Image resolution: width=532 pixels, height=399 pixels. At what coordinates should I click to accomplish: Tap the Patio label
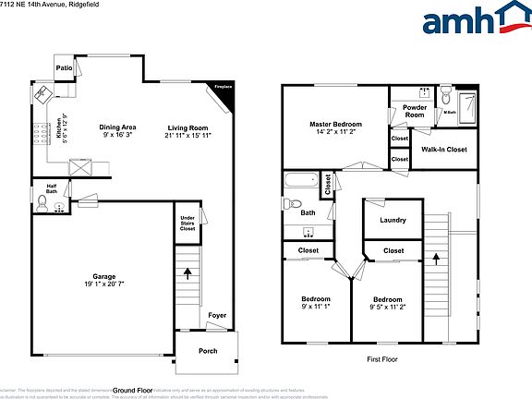coord(63,68)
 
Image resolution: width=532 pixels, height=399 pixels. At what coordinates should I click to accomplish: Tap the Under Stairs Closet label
coord(187,223)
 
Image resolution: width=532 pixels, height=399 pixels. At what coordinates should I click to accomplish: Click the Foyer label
coord(216,315)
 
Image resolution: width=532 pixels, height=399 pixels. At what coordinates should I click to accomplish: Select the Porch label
coord(209,350)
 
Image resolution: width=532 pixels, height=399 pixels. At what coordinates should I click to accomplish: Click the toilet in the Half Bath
coord(41,207)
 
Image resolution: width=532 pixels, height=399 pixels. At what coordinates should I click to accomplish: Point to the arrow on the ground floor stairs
coord(189,273)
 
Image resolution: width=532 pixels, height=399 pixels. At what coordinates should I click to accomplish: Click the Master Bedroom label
coord(335,127)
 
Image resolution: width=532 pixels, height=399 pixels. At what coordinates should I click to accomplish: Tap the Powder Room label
coord(415,112)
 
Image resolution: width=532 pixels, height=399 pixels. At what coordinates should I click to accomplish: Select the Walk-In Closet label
coord(443,149)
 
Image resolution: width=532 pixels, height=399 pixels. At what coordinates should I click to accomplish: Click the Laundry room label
coord(393,220)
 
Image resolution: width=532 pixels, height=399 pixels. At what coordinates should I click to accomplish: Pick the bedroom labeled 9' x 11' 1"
coord(314,303)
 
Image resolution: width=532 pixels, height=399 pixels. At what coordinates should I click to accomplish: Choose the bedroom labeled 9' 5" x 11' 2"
coord(387,303)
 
